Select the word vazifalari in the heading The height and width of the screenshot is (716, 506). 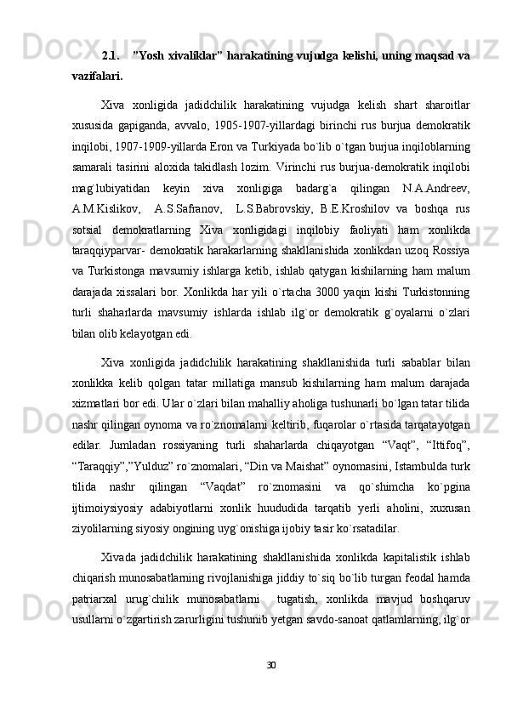(x=95, y=77)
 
